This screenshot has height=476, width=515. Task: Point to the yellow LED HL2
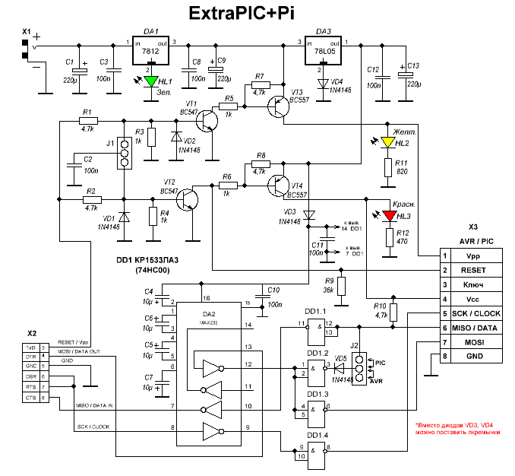[389, 142]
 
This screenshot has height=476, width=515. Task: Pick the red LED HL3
[389, 216]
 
